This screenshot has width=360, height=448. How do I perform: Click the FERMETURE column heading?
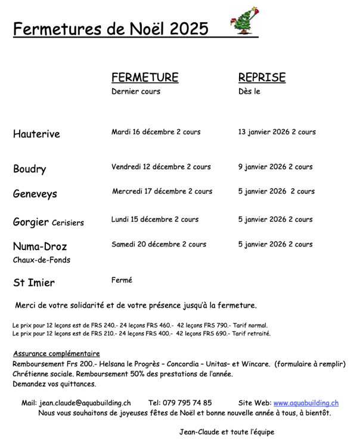(145, 78)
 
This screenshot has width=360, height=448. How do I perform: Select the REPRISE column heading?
(262, 78)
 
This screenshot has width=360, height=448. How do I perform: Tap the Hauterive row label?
(36, 134)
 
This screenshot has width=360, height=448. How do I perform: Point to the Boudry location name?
(29, 169)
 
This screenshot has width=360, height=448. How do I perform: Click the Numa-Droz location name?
(40, 246)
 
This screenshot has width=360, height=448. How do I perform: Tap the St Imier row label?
(34, 283)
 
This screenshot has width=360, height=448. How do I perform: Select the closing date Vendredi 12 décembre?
(146, 166)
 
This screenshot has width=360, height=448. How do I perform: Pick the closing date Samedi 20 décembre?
(144, 244)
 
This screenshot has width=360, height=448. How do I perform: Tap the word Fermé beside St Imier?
(122, 279)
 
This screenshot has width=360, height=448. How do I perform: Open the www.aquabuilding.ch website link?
(306, 403)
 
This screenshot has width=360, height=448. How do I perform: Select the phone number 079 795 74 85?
(188, 403)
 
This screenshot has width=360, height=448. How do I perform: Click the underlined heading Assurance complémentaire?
(56, 353)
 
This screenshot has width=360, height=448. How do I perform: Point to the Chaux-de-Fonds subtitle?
(42, 260)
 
